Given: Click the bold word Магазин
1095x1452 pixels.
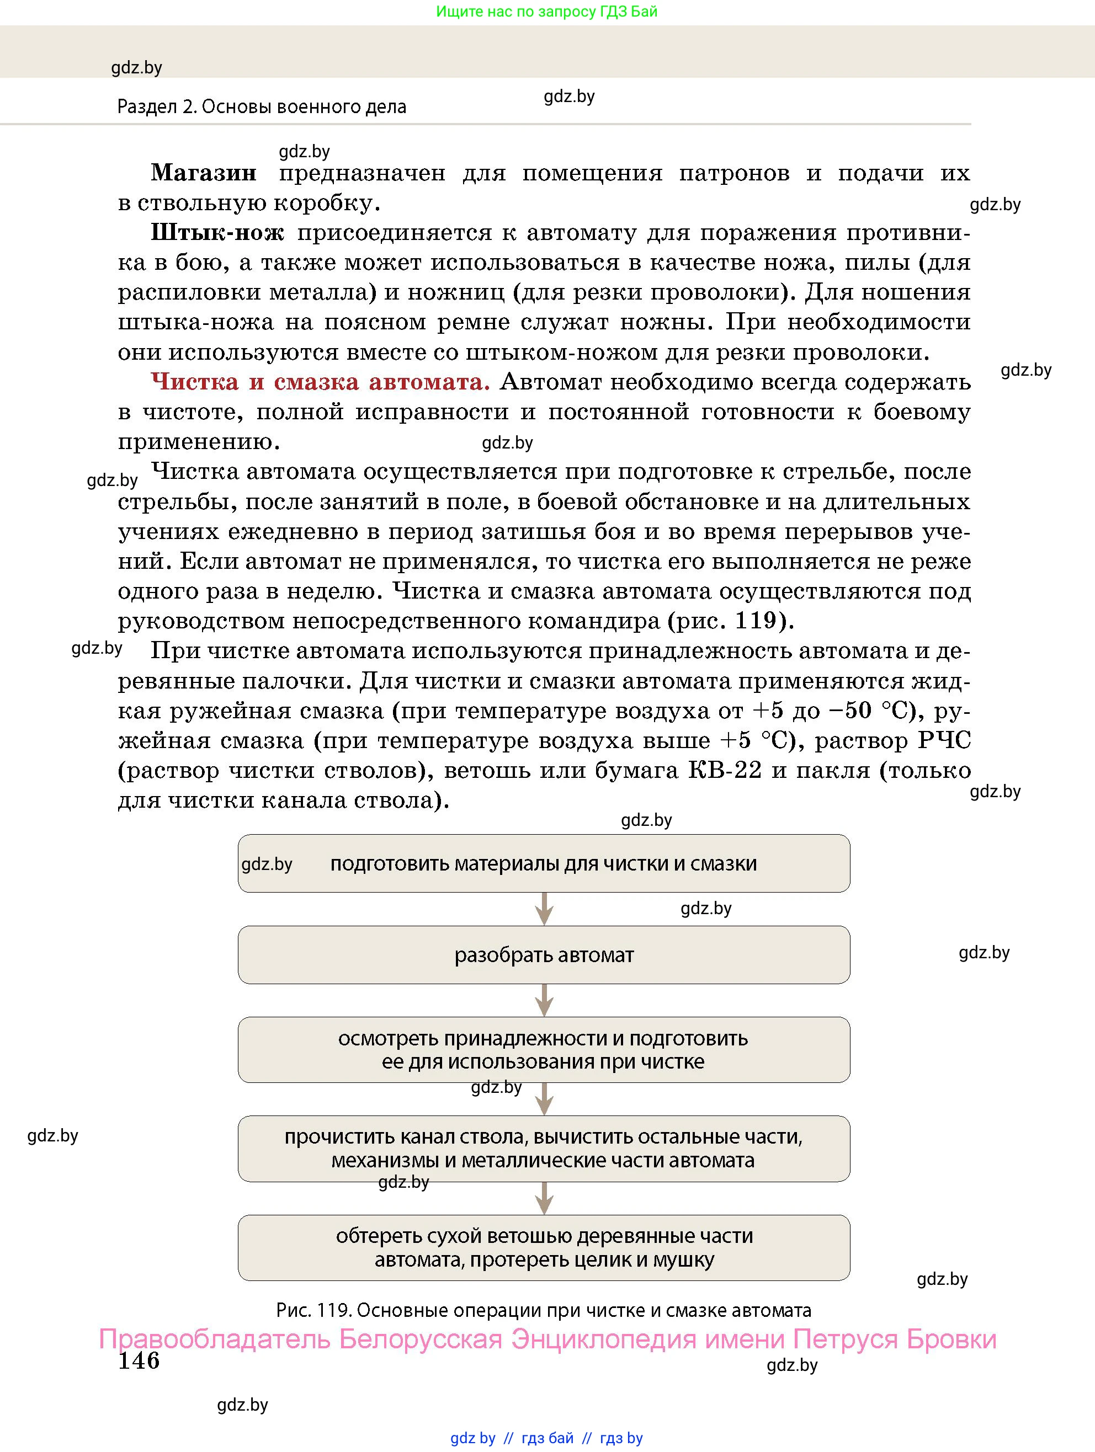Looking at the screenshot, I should pos(203,173).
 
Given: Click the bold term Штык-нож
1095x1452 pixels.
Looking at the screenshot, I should pos(217,232).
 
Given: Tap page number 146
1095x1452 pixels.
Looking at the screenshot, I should pos(139,1361).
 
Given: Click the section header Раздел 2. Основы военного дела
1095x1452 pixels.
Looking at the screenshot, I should pos(262,107).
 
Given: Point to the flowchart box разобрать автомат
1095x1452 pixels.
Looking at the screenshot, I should pos(544,955).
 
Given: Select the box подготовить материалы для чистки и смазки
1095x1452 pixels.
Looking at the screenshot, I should pos(544,864).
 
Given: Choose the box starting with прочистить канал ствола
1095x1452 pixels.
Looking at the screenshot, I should pos(544,1148).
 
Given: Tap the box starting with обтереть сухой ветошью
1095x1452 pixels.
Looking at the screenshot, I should pos(544,1247).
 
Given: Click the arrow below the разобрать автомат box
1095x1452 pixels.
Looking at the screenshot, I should pos(544,1000).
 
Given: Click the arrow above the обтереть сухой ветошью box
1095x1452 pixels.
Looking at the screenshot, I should pos(544,1199).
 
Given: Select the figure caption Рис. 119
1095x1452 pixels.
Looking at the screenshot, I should pos(544,1311).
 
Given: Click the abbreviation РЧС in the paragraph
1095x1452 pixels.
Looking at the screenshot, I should pos(944,740).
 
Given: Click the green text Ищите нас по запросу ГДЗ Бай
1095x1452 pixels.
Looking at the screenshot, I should pos(546,12).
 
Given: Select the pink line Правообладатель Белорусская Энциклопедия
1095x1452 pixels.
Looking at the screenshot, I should pos(547,1339).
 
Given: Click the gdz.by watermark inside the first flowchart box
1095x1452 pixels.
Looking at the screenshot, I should pos(267,864).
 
